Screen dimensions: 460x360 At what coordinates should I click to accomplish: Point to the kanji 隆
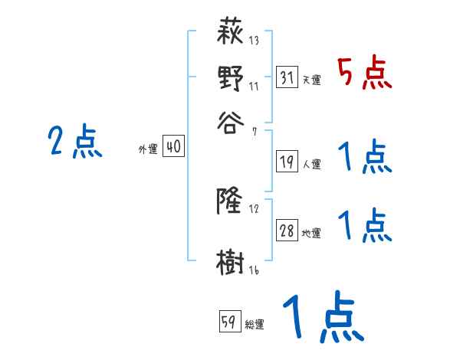point(231,201)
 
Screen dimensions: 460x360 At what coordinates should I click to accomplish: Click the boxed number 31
point(287,77)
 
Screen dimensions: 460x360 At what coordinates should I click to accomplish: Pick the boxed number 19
point(287,161)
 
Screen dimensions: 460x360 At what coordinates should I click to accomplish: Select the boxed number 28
point(287,231)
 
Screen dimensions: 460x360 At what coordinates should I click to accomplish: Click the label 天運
point(312,80)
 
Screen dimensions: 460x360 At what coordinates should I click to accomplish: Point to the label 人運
point(312,163)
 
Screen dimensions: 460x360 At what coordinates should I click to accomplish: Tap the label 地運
point(312,234)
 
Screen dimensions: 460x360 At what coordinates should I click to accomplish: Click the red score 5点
point(364,74)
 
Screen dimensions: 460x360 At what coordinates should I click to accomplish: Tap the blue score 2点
point(74,142)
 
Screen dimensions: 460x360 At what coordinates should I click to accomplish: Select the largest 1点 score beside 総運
point(320,319)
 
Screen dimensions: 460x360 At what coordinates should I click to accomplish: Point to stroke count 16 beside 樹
point(254,270)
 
